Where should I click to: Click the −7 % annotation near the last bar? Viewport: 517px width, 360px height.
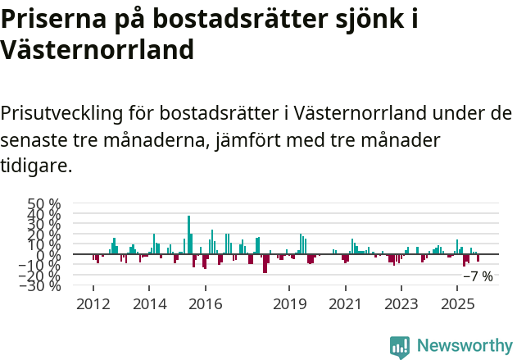[478, 276]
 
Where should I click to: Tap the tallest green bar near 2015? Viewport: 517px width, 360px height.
[188, 235]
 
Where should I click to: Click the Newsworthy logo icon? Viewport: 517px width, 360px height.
[400, 347]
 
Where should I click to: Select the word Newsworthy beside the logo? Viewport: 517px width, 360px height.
[465, 346]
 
